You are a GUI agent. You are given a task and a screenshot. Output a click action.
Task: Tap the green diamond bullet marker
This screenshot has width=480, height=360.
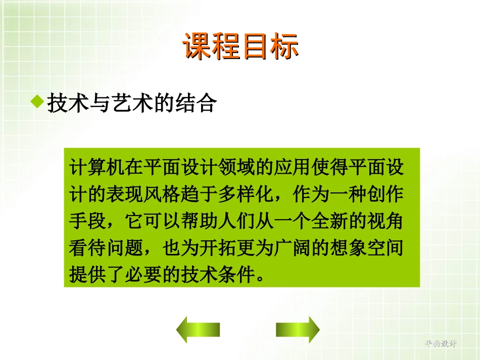(x=37, y=101)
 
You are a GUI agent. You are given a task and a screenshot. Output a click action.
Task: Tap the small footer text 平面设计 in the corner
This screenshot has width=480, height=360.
(x=441, y=343)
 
